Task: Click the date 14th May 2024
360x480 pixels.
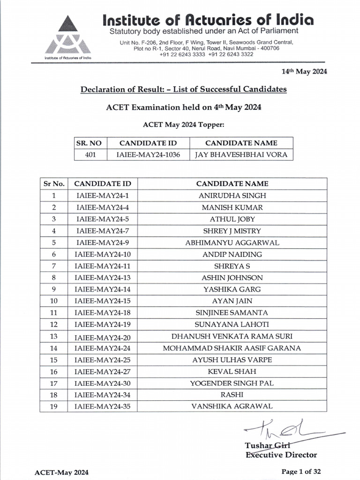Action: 304,72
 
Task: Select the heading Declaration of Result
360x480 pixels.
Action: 183,89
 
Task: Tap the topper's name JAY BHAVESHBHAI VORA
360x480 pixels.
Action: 241,155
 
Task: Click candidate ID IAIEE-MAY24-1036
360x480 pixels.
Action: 149,155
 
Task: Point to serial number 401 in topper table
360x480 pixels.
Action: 90,155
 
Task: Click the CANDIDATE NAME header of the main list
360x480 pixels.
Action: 232,184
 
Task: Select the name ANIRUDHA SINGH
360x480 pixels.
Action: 232,195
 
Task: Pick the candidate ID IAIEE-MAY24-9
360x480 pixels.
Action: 102,242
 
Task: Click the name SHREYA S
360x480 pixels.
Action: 232,266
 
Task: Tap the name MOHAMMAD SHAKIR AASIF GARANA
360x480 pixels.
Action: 232,348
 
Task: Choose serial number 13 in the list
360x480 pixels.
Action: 54,336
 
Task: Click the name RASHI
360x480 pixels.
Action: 232,395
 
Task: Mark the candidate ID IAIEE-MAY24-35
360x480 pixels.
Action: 102,406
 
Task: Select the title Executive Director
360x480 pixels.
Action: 281,455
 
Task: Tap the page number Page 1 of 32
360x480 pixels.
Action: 301,472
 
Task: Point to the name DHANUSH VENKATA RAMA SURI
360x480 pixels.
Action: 232,336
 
